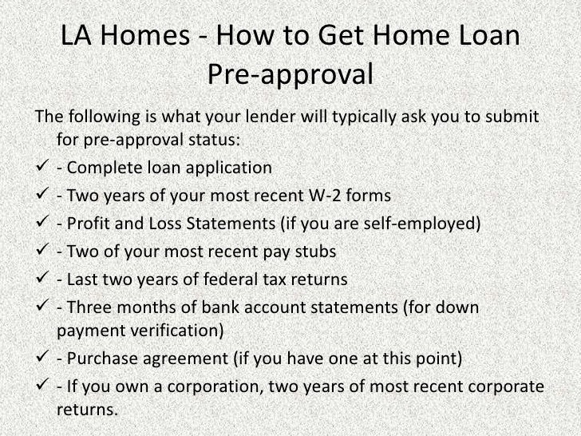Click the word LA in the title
coord(77,37)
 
